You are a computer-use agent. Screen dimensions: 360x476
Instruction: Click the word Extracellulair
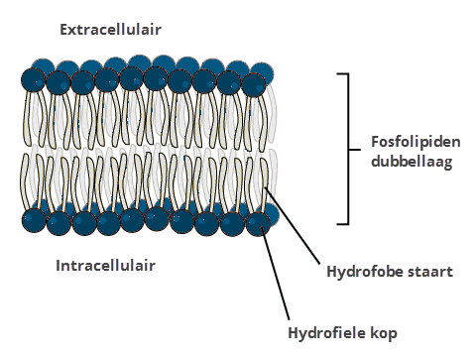coord(110,30)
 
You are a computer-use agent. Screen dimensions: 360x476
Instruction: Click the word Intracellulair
coord(106,266)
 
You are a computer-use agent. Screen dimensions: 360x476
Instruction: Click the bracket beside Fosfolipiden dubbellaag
coord(348,149)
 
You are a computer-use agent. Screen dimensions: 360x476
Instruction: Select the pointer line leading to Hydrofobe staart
coord(297,231)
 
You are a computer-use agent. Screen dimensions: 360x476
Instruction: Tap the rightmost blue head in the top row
coord(262,73)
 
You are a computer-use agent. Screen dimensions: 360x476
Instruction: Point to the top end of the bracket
coord(343,74)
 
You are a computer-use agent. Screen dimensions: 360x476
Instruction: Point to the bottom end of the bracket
coord(343,223)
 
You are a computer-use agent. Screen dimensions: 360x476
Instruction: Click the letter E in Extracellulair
coord(64,30)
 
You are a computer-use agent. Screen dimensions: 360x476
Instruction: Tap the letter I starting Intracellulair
coord(59,266)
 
